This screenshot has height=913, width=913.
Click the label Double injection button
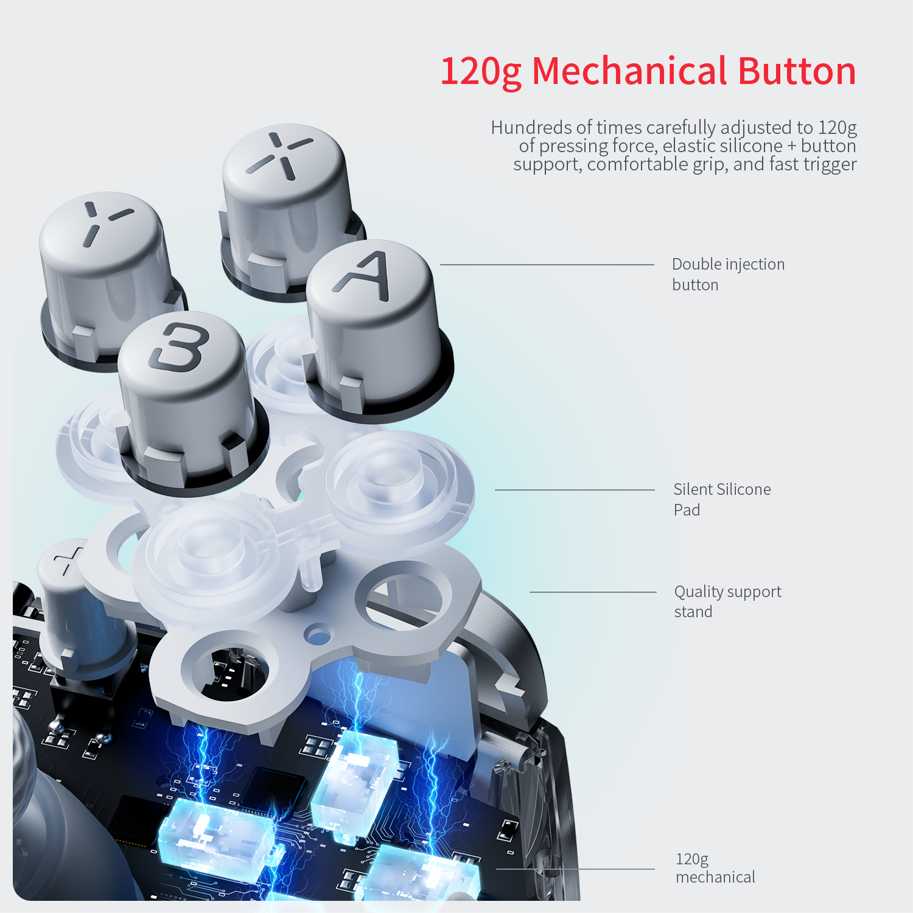pos(728,275)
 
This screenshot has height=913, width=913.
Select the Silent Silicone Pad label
pos(722,500)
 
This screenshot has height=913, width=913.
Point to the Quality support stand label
pos(727,601)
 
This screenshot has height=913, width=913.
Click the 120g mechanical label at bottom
pos(715,868)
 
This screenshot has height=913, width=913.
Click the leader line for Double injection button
pos(547,265)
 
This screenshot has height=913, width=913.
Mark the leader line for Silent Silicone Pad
pos(575,490)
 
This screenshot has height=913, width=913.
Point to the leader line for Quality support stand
pos(593,592)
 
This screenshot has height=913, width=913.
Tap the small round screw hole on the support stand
pos(318,635)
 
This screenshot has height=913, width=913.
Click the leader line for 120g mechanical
pos(575,869)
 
